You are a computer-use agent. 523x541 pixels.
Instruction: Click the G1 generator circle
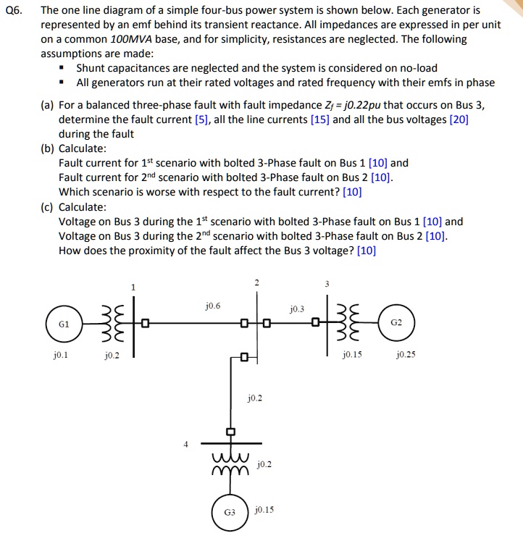[x=63, y=325]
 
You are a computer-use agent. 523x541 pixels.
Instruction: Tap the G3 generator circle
[x=230, y=511]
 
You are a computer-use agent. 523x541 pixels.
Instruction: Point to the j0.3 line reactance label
[x=298, y=309]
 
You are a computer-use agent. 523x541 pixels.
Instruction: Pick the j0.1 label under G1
[x=61, y=356]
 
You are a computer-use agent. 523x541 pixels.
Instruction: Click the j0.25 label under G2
[x=406, y=356]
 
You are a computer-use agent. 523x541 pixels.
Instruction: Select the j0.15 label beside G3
[x=264, y=510]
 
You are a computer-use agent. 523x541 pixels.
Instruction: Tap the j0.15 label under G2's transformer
[x=353, y=356]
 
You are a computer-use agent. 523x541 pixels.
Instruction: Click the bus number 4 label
[x=185, y=445]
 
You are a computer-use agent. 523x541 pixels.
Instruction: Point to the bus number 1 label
[x=133, y=288]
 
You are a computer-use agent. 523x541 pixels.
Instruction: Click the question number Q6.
[x=13, y=11]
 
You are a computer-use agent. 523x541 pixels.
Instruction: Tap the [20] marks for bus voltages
[x=459, y=119]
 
